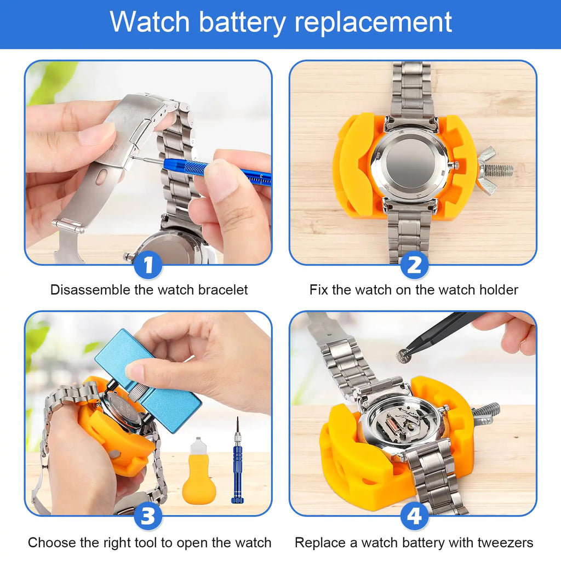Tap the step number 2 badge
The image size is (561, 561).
(414, 266)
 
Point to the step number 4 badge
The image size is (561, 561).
(414, 517)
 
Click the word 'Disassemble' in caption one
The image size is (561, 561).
(90, 290)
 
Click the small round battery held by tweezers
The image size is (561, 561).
(404, 356)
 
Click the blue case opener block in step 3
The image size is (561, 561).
(148, 378)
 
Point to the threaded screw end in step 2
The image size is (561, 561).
(500, 170)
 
